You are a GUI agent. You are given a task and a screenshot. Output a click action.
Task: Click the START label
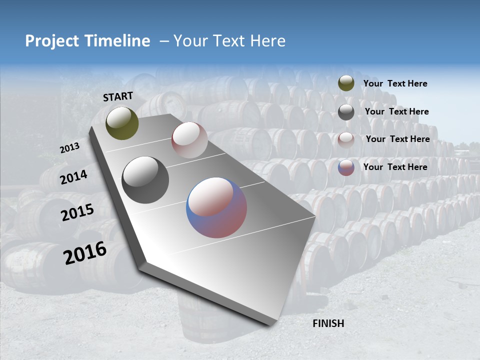click(x=118, y=96)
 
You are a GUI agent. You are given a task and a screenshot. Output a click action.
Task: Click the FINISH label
click(x=328, y=323)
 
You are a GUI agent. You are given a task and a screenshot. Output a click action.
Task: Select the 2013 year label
click(x=69, y=148)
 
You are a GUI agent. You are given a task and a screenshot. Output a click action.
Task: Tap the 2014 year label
click(x=73, y=177)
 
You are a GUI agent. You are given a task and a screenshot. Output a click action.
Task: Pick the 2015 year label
click(x=77, y=212)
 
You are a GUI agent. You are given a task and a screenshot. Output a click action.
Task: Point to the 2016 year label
click(x=85, y=253)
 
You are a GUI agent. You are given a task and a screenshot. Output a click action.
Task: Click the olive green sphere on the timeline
click(x=122, y=123)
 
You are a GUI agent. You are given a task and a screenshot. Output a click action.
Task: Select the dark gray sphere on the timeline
click(x=145, y=180)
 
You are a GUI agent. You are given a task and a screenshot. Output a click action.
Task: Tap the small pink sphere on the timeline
click(x=189, y=140)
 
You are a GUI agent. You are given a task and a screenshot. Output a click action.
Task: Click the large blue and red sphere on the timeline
click(x=216, y=207)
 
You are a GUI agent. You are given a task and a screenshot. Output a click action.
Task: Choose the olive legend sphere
click(x=346, y=83)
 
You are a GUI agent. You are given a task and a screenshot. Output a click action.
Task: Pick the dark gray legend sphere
click(x=346, y=112)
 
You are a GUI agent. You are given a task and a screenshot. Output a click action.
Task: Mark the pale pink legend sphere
click(x=346, y=139)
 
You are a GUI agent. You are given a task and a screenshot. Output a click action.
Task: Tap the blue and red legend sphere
click(x=346, y=167)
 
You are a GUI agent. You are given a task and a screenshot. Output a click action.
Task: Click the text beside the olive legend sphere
click(x=395, y=84)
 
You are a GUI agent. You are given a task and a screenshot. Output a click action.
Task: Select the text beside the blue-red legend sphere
click(x=395, y=167)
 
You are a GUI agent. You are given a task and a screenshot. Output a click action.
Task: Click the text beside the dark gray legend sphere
click(x=396, y=111)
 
